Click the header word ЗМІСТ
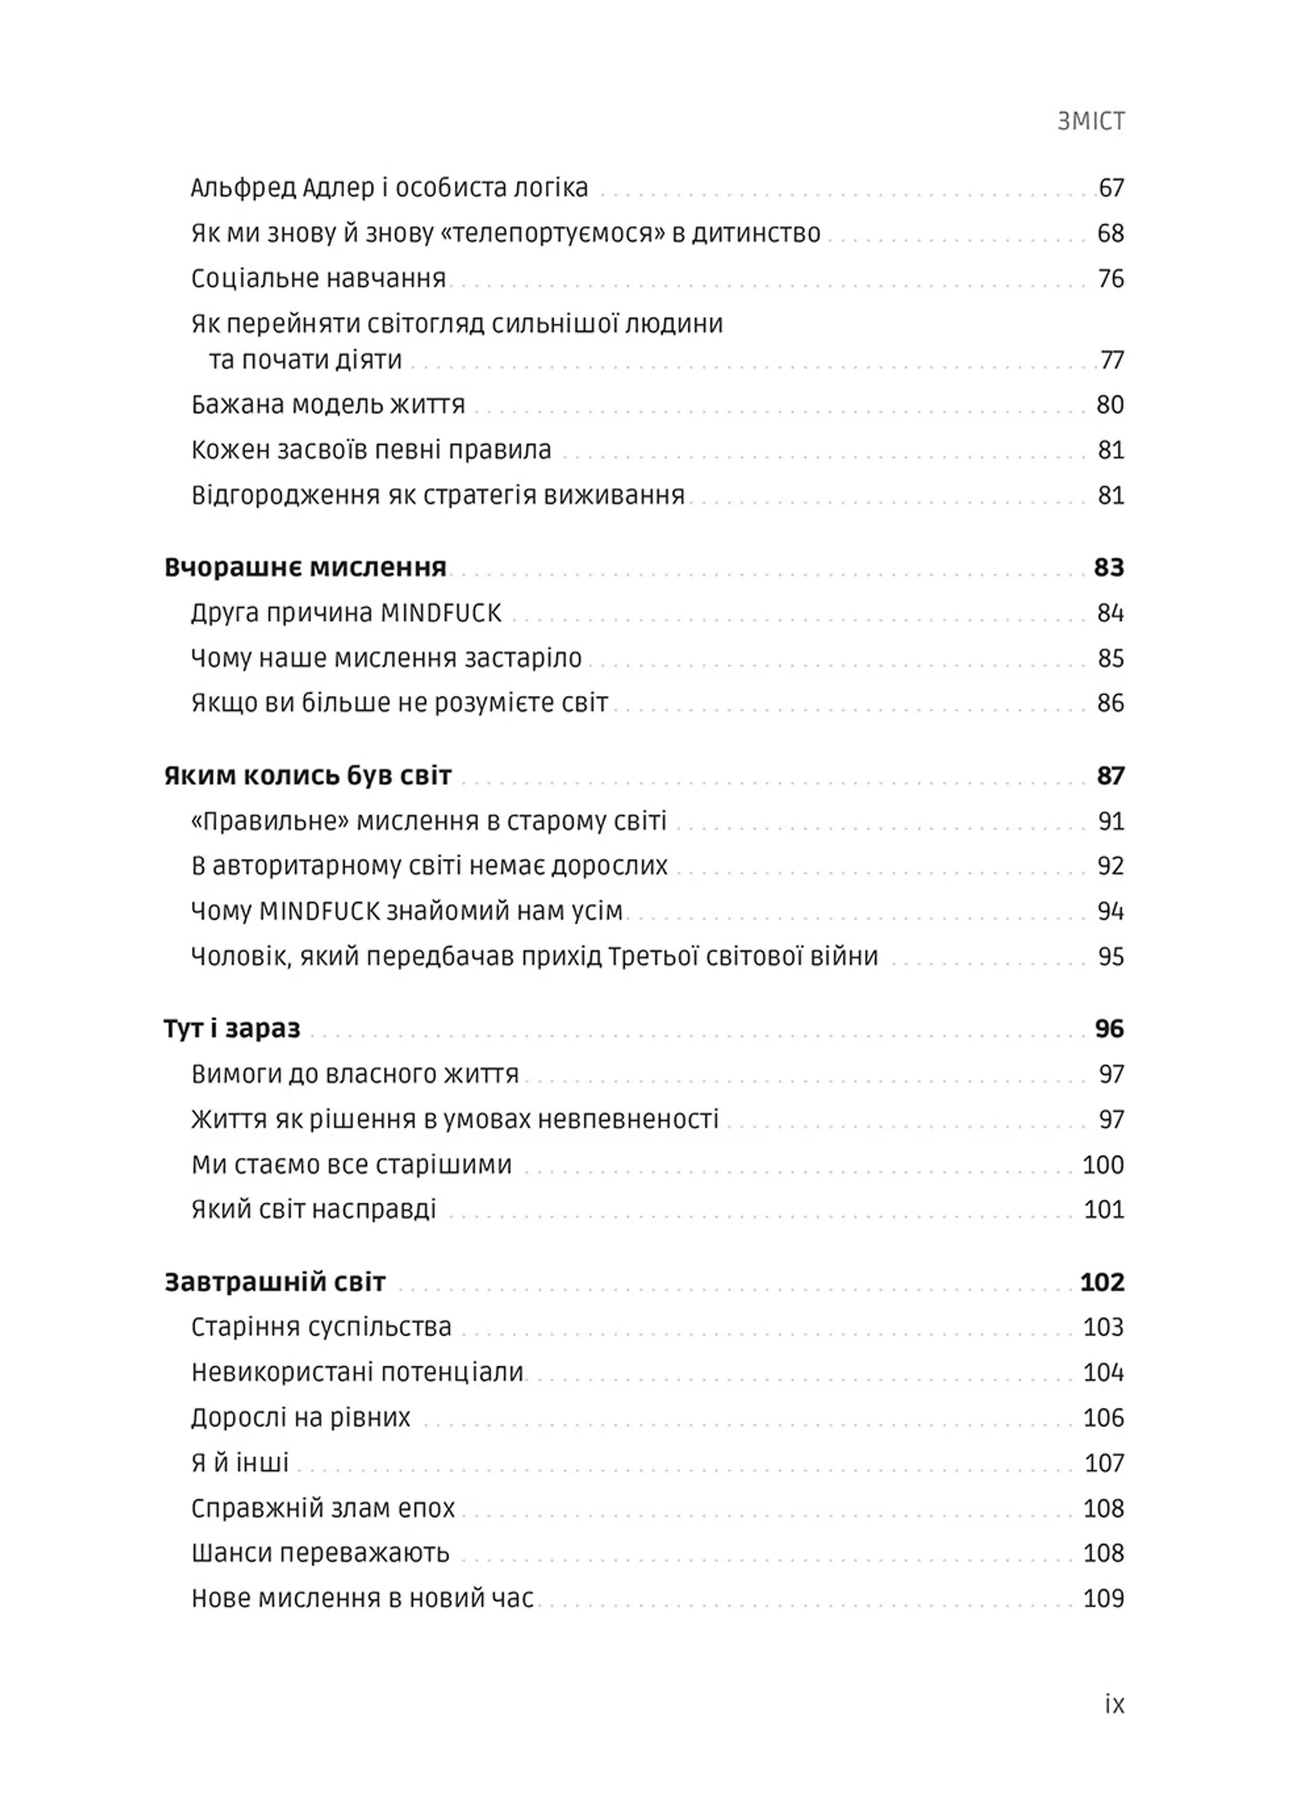[x=1091, y=121]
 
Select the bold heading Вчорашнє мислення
[x=305, y=567]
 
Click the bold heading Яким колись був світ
[x=308, y=776]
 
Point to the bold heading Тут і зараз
[x=231, y=1029]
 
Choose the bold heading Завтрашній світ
[x=275, y=1282]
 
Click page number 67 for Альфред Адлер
[x=1111, y=188]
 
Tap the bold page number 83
[x=1109, y=567]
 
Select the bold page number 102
[x=1102, y=1282]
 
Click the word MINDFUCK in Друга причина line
[x=440, y=613]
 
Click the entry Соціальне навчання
[x=318, y=279]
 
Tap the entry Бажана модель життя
[x=327, y=405]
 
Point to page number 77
[x=1112, y=360]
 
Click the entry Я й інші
[x=239, y=1463]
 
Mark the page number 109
[x=1103, y=1598]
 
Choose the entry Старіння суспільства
[x=321, y=1327]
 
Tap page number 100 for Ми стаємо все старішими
[x=1102, y=1164]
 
